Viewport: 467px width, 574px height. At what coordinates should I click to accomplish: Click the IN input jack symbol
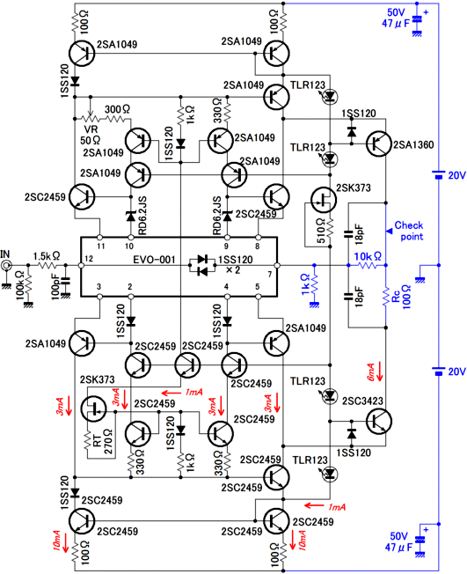tap(5, 265)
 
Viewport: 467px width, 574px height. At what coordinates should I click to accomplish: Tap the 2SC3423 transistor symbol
tap(379, 422)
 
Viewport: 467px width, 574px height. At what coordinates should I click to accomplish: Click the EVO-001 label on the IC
tap(154, 260)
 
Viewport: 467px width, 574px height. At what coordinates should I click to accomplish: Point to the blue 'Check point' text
tap(409, 231)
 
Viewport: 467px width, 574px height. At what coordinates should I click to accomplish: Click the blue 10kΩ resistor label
tap(368, 256)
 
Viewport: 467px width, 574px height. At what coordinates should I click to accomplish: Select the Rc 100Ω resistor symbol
tap(385, 297)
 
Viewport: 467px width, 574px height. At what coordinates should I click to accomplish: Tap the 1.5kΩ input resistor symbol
tap(47, 265)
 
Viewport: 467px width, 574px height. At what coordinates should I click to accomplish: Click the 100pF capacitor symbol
tap(66, 281)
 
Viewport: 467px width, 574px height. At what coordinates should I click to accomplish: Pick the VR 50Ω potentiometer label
tap(91, 135)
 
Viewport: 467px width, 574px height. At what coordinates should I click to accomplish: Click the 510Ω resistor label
tap(321, 231)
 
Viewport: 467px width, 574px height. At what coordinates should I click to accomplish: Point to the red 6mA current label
tap(370, 372)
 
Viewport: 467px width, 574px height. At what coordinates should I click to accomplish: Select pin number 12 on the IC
tap(89, 259)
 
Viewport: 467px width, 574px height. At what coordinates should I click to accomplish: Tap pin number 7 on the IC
tap(270, 274)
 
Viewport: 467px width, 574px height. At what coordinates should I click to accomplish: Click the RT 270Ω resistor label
tap(103, 441)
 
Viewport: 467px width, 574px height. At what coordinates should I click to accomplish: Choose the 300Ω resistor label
tap(117, 109)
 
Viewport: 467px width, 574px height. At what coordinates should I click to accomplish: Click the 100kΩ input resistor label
tap(20, 285)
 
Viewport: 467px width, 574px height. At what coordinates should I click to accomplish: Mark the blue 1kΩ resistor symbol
tap(314, 284)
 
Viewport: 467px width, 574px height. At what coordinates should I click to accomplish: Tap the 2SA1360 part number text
tap(413, 144)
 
